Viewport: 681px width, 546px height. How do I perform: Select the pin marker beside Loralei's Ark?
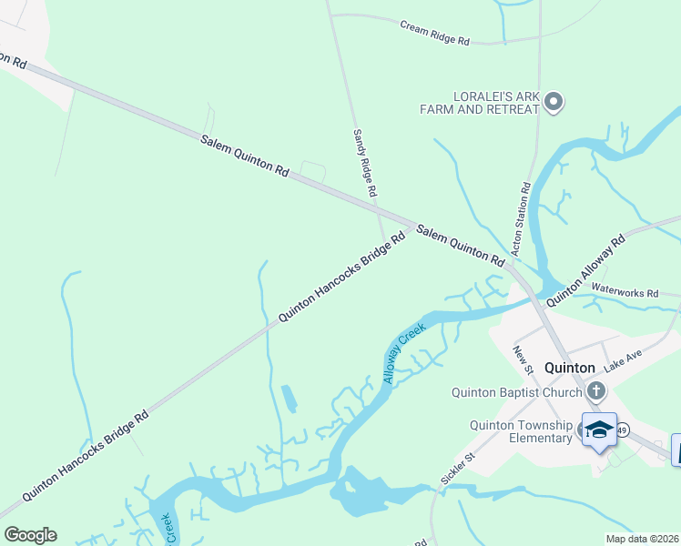(x=554, y=102)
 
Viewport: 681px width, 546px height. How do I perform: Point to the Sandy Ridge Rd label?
(x=364, y=165)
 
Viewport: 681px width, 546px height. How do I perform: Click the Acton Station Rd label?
(x=520, y=219)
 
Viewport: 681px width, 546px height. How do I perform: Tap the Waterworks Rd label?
(x=625, y=293)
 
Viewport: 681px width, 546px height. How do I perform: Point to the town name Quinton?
(x=569, y=368)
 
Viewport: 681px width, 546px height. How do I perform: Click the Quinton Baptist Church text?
(x=516, y=392)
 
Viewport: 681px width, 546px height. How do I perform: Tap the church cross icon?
(x=596, y=392)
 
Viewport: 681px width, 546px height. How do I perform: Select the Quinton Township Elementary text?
(x=521, y=431)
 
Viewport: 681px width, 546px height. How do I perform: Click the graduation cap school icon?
(x=600, y=430)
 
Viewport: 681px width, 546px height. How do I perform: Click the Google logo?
(x=30, y=535)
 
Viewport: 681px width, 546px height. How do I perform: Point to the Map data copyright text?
(x=642, y=539)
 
